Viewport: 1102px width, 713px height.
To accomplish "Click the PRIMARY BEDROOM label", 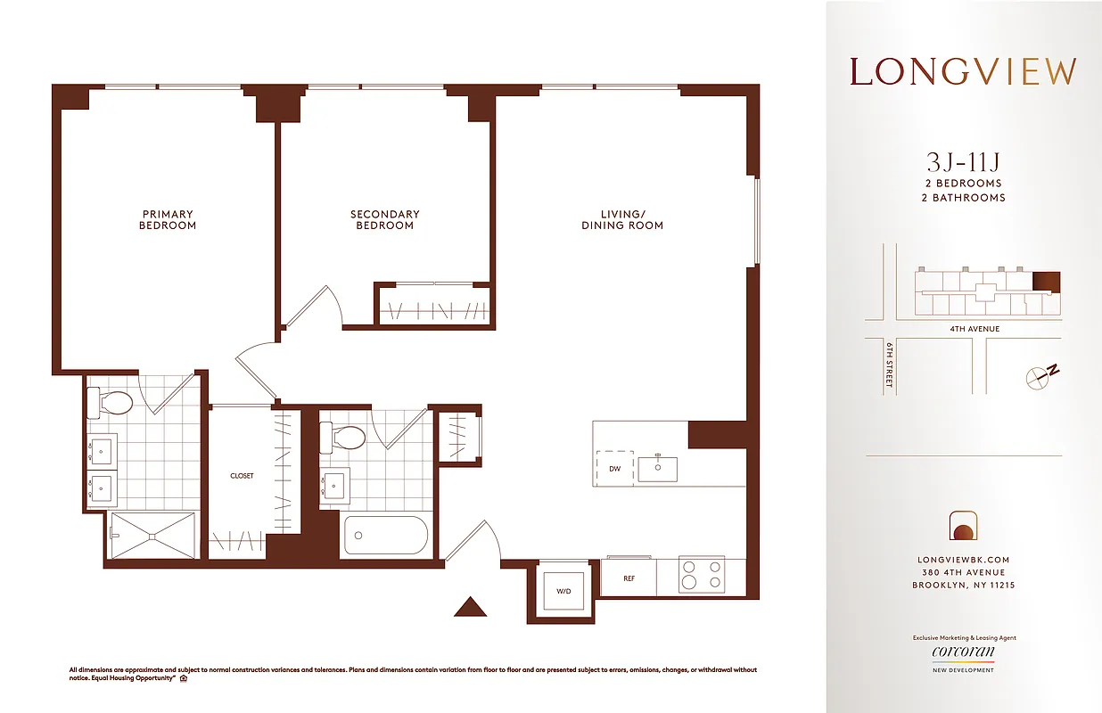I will coord(167,220).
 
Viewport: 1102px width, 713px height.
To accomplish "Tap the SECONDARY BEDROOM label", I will coord(384,220).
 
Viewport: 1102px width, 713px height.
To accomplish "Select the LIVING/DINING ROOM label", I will coord(621,220).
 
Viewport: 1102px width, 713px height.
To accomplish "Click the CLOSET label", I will coord(242,476).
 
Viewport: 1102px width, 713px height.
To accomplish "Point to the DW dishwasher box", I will coord(615,468).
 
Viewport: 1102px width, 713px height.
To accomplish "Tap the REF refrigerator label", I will coord(629,578).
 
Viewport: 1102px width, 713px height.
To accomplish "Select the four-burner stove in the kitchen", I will coord(702,575).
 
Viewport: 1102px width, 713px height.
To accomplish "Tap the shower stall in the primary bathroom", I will coord(152,536).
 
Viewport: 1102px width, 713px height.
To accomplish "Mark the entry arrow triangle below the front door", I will coord(470,607).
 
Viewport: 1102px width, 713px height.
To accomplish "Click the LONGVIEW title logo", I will coord(963,72).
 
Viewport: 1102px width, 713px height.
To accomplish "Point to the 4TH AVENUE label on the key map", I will coord(975,329).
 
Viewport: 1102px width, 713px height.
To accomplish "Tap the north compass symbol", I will coord(1041,375).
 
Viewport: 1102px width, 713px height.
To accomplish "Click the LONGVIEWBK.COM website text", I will coord(963,560).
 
